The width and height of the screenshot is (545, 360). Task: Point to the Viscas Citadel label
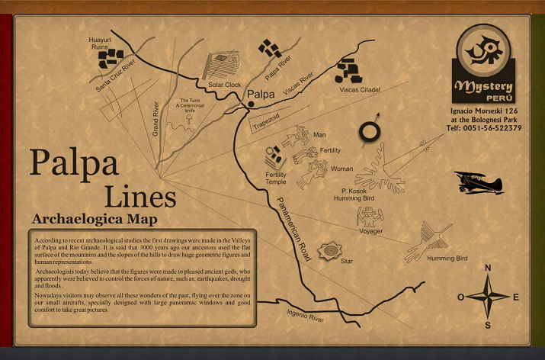click(x=359, y=89)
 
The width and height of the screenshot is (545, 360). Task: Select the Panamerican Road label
click(x=293, y=227)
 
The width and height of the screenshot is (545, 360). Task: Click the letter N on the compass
click(x=488, y=268)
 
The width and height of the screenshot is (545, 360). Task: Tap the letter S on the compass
click(x=488, y=326)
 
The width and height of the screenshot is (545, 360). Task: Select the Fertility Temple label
click(x=276, y=178)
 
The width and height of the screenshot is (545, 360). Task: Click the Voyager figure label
click(x=370, y=231)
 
